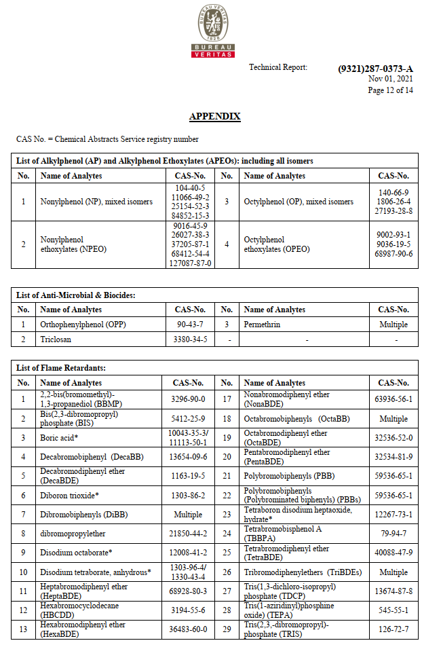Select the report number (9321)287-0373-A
[375, 69]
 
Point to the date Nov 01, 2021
[390, 79]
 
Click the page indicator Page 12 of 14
[390, 90]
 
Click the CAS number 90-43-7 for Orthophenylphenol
[191, 325]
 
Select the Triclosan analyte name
[56, 339]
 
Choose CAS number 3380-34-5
[191, 339]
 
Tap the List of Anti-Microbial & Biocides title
[76, 295]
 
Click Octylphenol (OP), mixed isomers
[299, 202]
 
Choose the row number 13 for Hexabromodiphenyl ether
[23, 629]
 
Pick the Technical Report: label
[278, 67]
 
